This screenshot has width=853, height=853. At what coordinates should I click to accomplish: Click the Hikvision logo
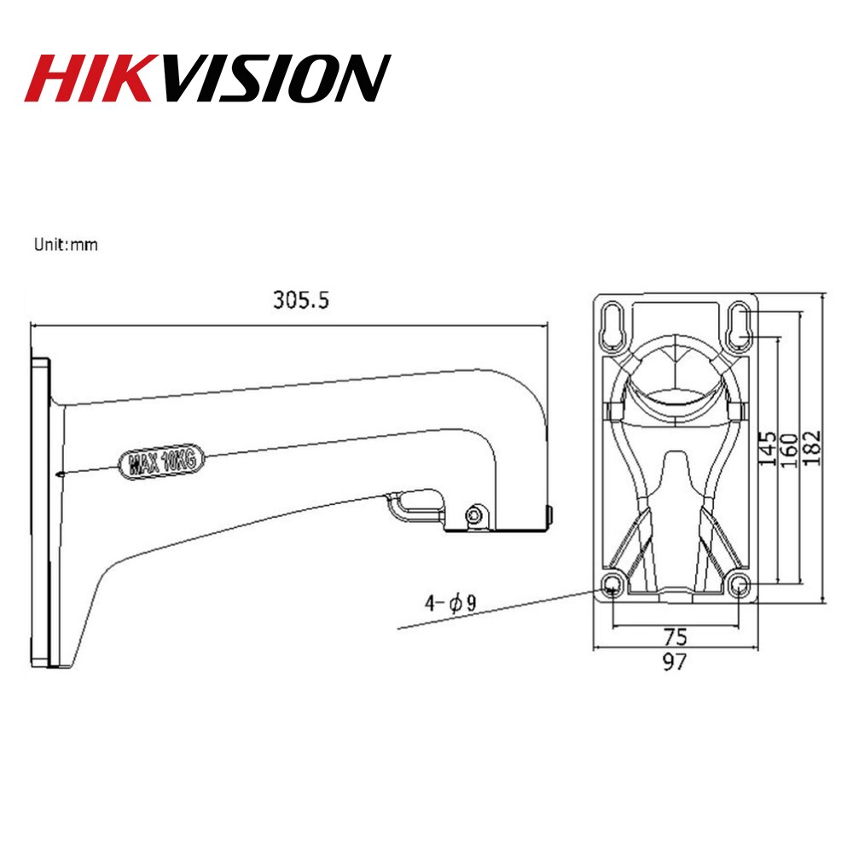coord(207,78)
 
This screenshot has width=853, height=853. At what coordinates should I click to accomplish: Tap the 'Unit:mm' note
coord(66,245)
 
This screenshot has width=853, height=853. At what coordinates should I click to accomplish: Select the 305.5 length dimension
coord(300,300)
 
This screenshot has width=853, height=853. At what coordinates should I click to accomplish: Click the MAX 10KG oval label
coord(162,461)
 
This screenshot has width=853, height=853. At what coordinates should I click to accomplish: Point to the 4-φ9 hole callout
coord(450,604)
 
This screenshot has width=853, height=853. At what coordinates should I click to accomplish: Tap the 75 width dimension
coord(675,635)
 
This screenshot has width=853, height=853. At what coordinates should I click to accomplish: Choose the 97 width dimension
coord(675,661)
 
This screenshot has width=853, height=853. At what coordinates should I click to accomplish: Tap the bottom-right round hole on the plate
coord(740,583)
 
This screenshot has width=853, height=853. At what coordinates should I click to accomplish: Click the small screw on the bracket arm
coord(474,514)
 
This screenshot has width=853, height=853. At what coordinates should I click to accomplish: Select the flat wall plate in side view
coord(40,512)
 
